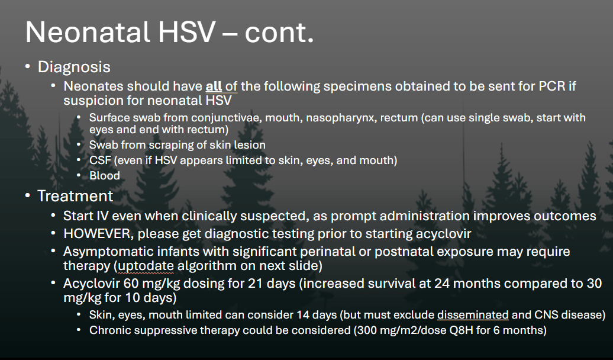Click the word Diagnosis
click(x=74, y=67)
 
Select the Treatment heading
click(x=75, y=196)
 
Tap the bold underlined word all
click(x=214, y=86)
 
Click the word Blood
click(x=104, y=176)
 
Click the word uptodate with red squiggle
click(x=146, y=266)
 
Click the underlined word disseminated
click(x=473, y=315)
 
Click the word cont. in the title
click(x=279, y=32)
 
